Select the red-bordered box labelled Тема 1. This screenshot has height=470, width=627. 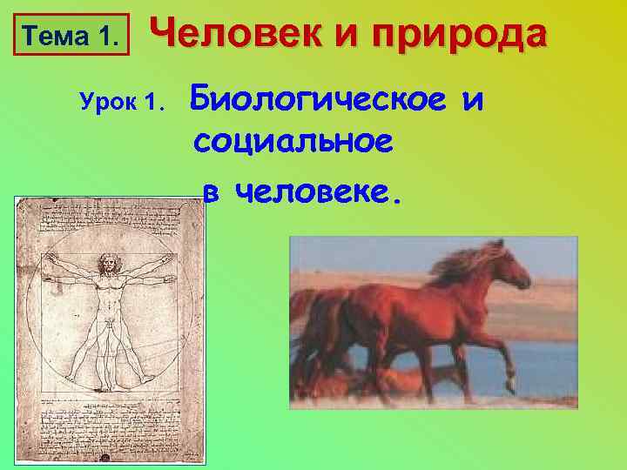point(70,37)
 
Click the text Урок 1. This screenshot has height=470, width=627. point(121,103)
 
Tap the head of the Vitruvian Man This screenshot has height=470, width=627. point(109,261)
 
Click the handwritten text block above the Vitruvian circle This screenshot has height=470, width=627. point(109,218)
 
